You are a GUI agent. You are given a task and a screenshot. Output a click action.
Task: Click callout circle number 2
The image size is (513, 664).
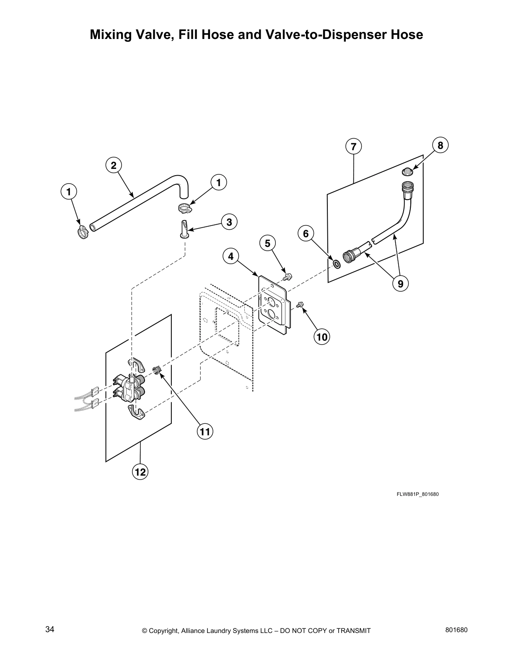point(114,166)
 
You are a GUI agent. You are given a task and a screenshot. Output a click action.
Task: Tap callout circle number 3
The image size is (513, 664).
point(229,222)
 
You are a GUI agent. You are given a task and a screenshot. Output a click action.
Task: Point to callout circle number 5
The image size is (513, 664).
point(268,243)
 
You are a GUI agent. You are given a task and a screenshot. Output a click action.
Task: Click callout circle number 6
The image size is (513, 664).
point(306,233)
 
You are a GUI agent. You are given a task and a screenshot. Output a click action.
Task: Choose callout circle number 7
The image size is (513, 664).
point(353,147)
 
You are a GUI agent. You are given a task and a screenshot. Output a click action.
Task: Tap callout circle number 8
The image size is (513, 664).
point(440,145)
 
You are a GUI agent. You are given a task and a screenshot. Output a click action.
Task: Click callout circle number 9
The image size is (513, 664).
point(400,284)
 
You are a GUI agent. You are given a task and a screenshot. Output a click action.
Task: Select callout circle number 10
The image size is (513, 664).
point(322,336)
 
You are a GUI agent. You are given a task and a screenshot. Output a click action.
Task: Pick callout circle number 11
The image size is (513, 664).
point(205,431)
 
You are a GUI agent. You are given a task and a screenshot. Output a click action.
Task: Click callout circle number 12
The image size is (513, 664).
point(140,472)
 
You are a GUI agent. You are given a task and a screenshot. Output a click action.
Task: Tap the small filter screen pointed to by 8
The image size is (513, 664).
point(407,171)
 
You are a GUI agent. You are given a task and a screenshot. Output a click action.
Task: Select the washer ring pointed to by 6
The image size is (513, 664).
point(336,264)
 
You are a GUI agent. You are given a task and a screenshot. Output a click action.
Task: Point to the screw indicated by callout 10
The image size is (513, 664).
point(300,305)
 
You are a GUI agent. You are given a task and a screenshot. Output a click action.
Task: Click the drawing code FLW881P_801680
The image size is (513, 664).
point(417,494)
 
